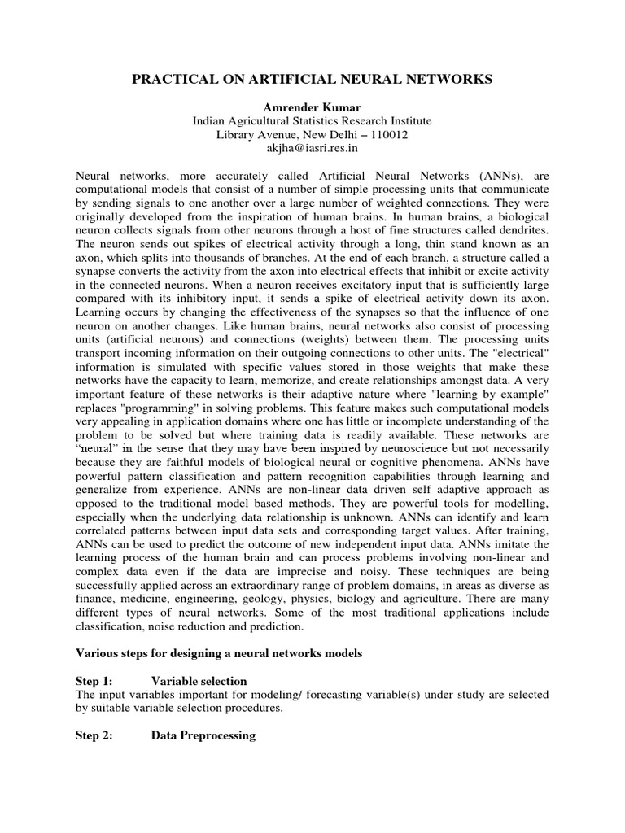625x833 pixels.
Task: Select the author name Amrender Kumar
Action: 312,107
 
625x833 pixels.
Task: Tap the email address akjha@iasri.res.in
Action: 312,149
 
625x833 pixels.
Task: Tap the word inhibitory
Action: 231,299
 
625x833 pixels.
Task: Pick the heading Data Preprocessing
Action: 203,735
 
